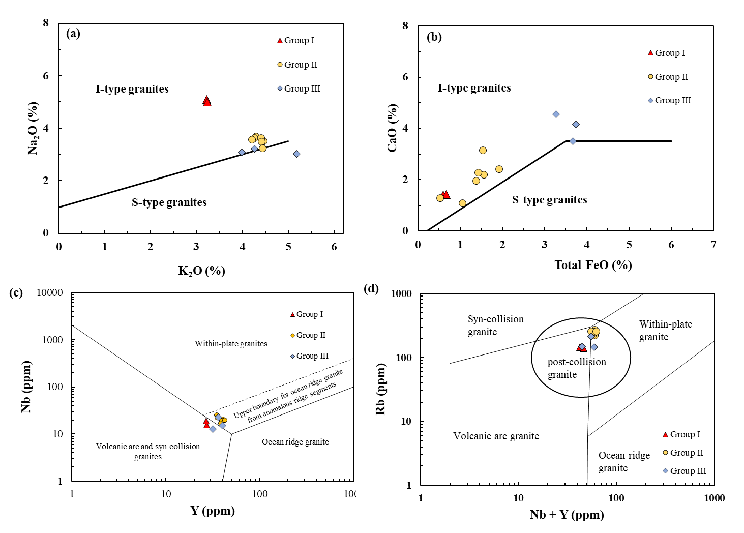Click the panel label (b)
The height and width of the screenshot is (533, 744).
coord(434,37)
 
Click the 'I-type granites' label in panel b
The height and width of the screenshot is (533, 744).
coord(474,88)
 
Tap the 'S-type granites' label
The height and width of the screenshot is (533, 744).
coord(549,200)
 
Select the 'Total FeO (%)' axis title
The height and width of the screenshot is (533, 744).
coord(593,265)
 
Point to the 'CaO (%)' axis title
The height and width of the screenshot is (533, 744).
coord(392,128)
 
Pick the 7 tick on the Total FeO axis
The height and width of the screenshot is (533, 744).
coord(713,245)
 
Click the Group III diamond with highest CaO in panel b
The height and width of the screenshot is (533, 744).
coord(556,114)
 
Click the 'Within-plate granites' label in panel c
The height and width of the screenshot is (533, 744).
coord(231,344)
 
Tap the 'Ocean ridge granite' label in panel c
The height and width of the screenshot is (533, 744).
coord(295,442)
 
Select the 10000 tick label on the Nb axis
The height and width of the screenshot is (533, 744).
coord(50,293)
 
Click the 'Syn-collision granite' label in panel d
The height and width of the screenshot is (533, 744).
coord(495,325)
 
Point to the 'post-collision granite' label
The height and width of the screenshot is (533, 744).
coord(576,368)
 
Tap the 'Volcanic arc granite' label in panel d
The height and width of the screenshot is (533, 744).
coord(496,436)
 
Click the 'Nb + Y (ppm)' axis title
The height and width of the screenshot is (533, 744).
coord(567,515)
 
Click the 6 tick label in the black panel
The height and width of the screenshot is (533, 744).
coord(46,76)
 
